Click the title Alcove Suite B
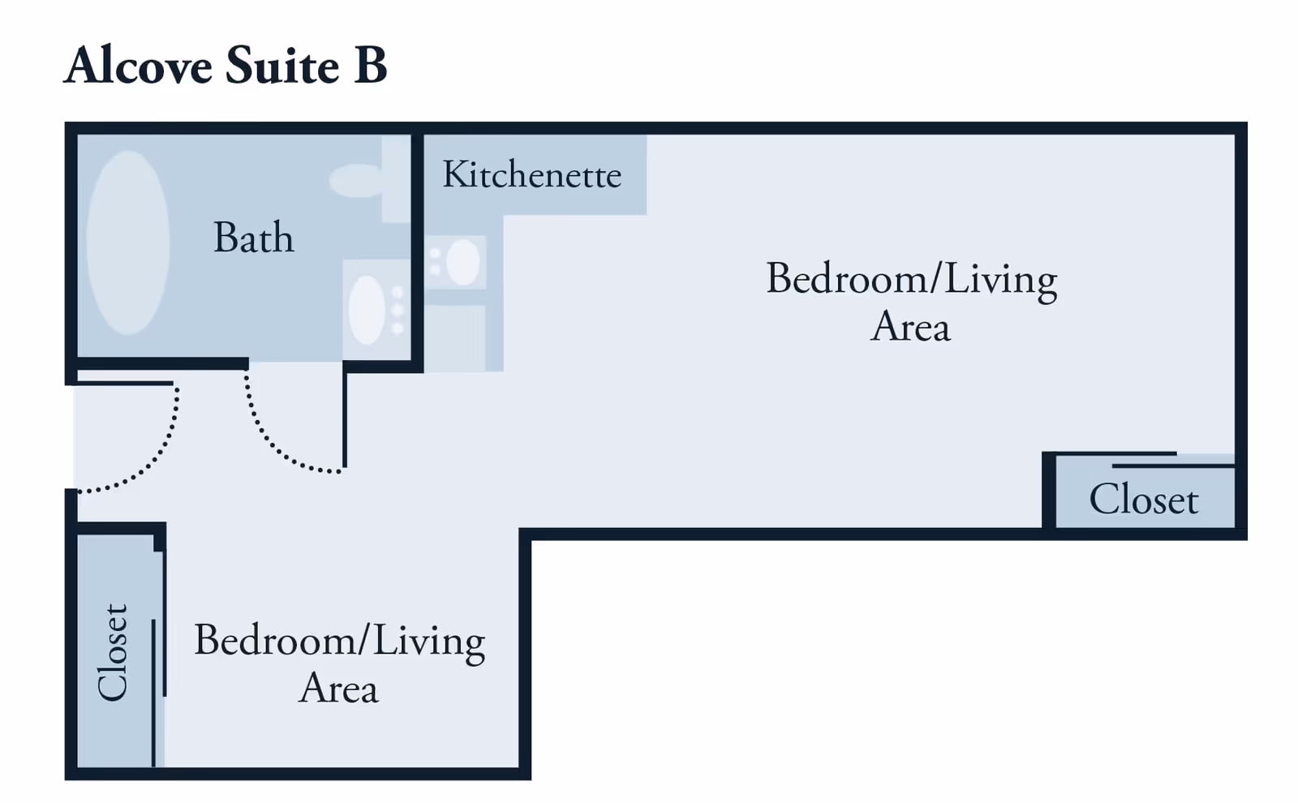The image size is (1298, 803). pyautogui.click(x=225, y=65)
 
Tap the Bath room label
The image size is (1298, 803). pyautogui.click(x=254, y=237)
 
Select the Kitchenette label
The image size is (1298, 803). pyautogui.click(x=532, y=174)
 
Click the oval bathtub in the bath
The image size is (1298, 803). pyautogui.click(x=128, y=243)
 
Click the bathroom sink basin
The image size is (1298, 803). pyautogui.click(x=367, y=310)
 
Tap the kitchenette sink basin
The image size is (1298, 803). pyautogui.click(x=463, y=263)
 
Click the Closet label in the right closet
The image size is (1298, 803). pyautogui.click(x=1144, y=500)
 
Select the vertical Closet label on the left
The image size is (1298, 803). pyautogui.click(x=113, y=652)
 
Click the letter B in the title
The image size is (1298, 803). pyautogui.click(x=370, y=65)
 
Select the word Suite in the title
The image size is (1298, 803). pyautogui.click(x=282, y=65)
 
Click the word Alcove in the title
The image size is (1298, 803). pyautogui.click(x=138, y=65)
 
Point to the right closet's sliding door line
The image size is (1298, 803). pyautogui.click(x=1173, y=466)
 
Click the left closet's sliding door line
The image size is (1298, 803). pyautogui.click(x=153, y=693)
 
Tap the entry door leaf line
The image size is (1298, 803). pyautogui.click(x=125, y=383)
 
